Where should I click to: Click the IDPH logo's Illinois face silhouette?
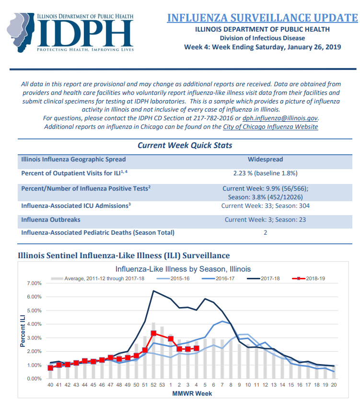21,32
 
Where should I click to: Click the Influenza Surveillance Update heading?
263,18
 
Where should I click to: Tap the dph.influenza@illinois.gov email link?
280,118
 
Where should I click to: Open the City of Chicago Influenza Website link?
270,127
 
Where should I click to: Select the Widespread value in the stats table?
265,160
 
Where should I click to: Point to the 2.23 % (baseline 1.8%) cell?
265,173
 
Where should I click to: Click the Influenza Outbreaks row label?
50,220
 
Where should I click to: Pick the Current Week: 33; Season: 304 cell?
265,206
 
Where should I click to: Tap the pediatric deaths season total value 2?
265,233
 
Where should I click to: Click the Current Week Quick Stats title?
185,146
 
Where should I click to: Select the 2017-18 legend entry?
263,279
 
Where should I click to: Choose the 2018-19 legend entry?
308,279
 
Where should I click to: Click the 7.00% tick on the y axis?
34,284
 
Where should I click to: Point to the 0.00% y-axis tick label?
34,379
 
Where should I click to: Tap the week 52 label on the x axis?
153,385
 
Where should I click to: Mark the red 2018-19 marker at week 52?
153,333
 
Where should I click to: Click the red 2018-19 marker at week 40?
50,368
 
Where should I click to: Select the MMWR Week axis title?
192,394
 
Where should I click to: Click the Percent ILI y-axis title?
23,331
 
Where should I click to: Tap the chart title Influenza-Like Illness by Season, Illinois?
183,269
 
